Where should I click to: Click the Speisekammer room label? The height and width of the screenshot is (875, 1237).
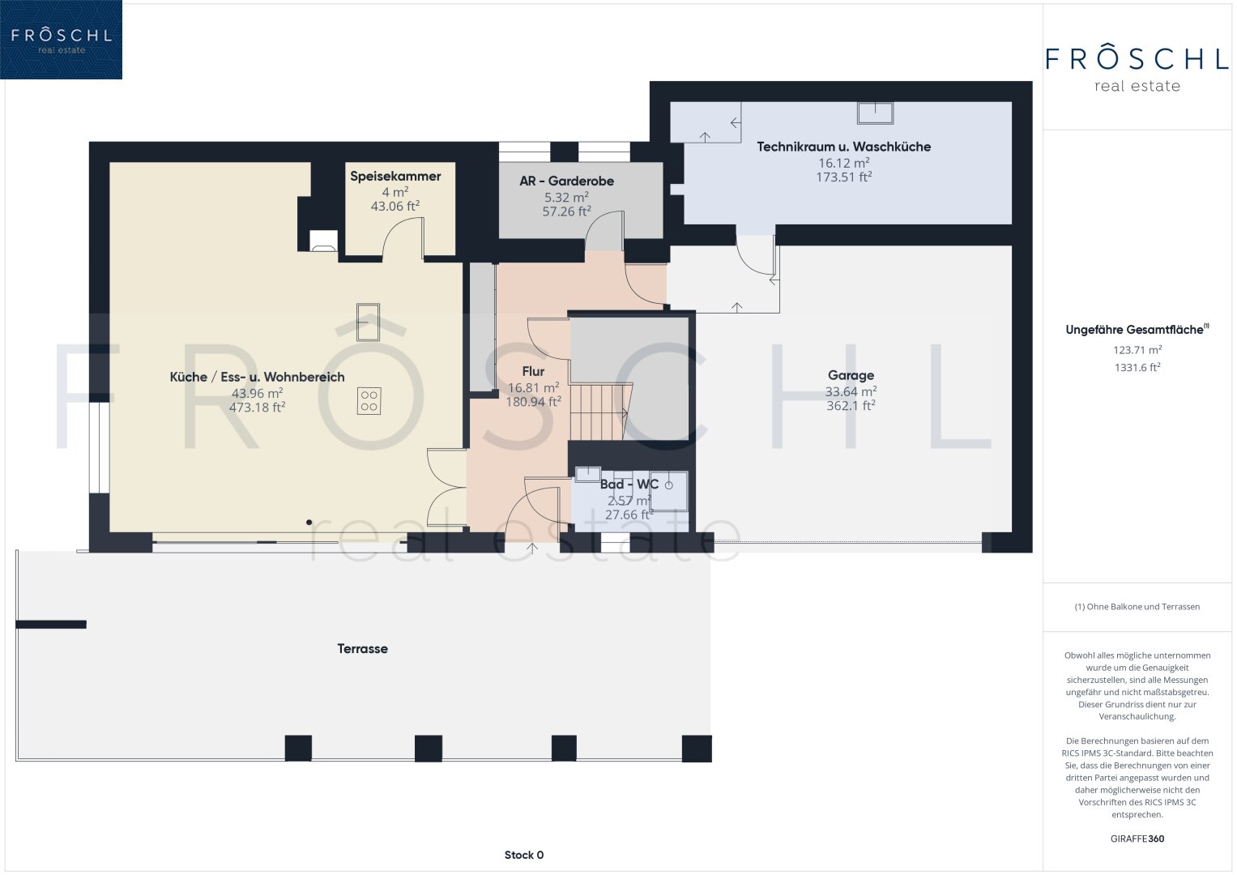tap(395, 177)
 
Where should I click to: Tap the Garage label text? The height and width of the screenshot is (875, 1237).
tap(851, 376)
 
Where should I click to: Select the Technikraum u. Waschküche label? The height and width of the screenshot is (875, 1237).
tap(843, 147)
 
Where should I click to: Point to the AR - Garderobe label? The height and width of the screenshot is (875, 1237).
tap(566, 181)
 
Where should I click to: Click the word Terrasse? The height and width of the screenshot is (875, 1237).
tap(362, 648)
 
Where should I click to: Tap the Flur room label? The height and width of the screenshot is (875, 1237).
tap(533, 371)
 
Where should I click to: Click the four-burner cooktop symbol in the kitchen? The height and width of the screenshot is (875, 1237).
tap(369, 402)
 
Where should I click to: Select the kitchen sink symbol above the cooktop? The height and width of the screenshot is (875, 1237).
tap(368, 322)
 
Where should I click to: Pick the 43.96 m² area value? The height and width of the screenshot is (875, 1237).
tap(257, 393)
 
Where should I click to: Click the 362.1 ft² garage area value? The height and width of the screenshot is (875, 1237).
tap(851, 405)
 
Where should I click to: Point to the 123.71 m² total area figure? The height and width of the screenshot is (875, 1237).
tap(1137, 350)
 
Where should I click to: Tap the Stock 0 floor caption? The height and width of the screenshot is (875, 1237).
tap(523, 855)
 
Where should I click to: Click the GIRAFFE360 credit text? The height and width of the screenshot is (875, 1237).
tap(1137, 839)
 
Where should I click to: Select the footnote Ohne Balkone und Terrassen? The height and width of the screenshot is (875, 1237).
tap(1137, 607)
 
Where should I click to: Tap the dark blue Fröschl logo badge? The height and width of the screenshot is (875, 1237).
tap(61, 40)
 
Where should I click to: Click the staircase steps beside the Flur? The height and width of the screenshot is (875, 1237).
tap(600, 412)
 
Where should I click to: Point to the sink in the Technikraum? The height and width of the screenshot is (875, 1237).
tap(875, 113)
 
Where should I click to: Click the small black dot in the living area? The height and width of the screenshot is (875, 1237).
tap(309, 522)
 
